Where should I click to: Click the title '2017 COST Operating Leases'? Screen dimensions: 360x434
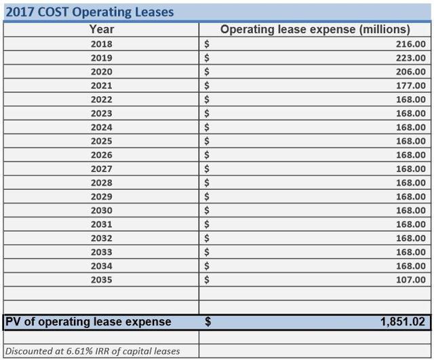[x=90, y=12]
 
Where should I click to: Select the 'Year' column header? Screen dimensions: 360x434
[x=102, y=29]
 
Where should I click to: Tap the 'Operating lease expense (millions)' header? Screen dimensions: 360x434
[x=315, y=29]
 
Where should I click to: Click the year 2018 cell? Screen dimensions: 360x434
[x=102, y=44]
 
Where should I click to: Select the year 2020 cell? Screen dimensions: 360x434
[x=102, y=72]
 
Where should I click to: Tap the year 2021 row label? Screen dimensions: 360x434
[x=102, y=85]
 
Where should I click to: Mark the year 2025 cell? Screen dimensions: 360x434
[x=102, y=141]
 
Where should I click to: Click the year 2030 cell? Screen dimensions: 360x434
[x=102, y=210]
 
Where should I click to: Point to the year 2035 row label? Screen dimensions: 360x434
[x=102, y=279]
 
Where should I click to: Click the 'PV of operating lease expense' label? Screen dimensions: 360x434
[x=88, y=322]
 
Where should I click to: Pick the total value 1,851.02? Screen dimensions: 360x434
[x=403, y=322]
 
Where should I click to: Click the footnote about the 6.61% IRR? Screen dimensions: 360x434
[x=92, y=351]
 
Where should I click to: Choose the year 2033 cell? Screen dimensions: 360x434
[x=102, y=252]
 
